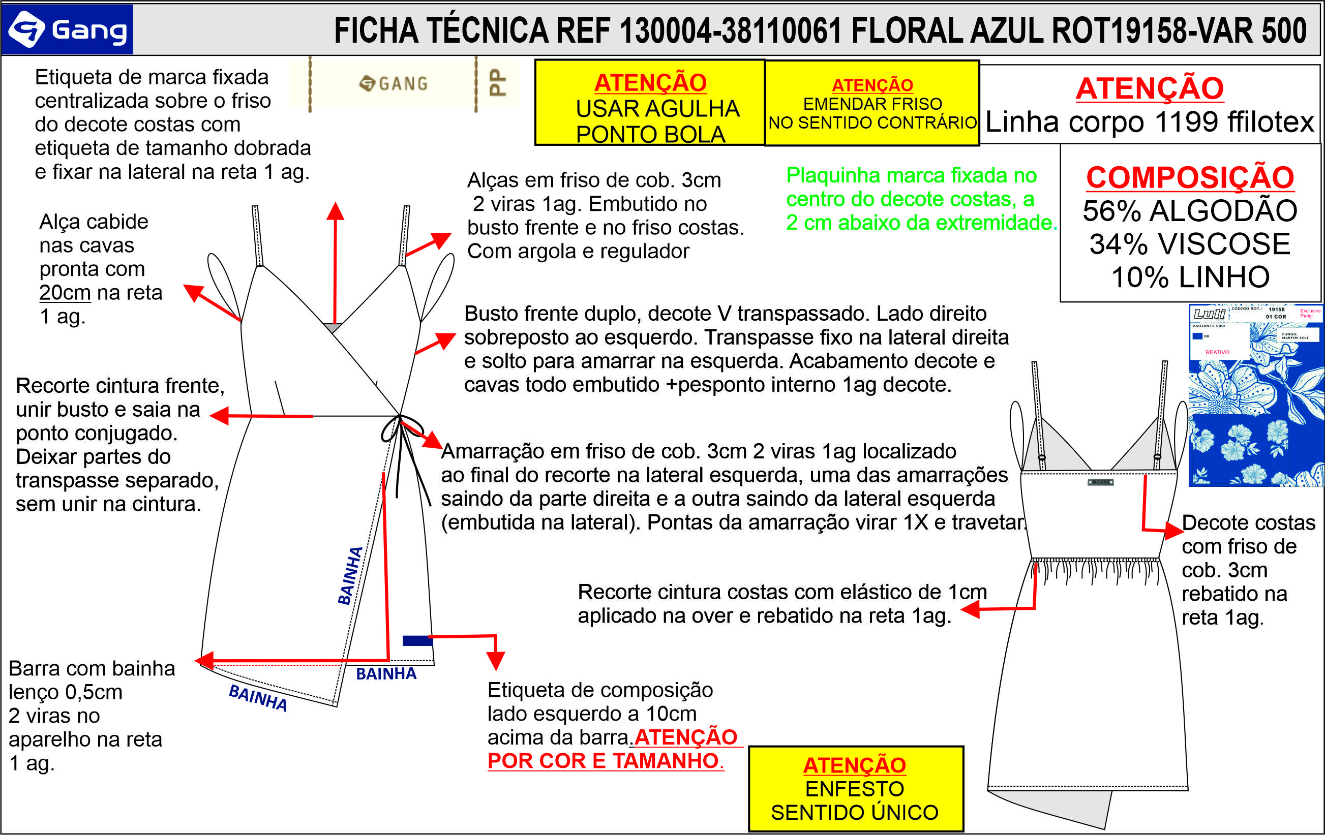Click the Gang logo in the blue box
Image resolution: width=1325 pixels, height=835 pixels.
click(67, 29)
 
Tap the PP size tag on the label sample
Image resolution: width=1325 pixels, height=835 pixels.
click(497, 82)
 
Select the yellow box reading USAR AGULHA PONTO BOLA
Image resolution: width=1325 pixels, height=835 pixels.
click(650, 103)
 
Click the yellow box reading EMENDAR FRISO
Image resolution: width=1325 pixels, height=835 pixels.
click(872, 103)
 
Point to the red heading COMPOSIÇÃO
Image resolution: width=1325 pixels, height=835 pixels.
click(1190, 177)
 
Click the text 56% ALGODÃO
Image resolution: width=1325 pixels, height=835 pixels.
click(1190, 211)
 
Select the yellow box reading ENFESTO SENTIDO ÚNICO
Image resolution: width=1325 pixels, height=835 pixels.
click(855, 788)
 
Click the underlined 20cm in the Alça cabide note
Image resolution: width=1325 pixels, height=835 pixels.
click(65, 293)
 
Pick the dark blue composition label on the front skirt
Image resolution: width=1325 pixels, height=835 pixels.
click(417, 640)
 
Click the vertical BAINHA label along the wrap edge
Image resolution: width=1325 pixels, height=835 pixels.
click(350, 575)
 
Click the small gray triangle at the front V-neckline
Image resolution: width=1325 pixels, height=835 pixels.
click(333, 328)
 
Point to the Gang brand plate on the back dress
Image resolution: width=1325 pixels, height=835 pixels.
click(1100, 482)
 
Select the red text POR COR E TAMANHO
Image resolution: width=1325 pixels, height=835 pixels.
click(604, 761)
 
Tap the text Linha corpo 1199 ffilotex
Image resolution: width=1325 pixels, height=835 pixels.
click(1149, 122)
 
